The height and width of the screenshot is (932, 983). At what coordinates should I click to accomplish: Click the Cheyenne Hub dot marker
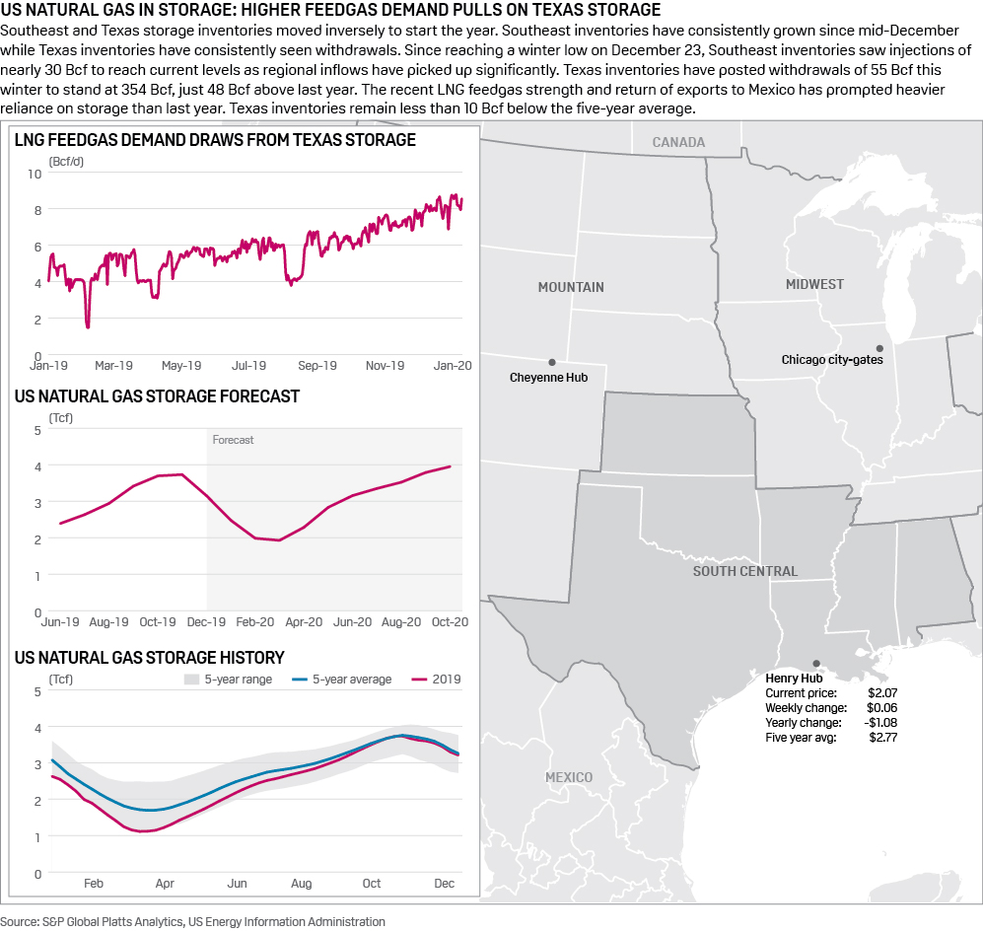coord(552,362)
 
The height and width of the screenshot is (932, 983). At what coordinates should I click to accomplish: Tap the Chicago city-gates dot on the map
coord(879,347)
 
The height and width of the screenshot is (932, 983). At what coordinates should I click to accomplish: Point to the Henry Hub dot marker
coord(815,664)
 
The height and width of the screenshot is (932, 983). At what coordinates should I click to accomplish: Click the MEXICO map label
coord(569,777)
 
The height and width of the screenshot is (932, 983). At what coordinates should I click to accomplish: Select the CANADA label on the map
coord(678,142)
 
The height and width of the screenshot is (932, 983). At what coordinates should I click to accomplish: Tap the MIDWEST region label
coord(814,284)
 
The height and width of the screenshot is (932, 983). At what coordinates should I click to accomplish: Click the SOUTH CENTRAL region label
coord(744,571)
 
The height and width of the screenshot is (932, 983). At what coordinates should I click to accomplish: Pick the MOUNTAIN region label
coord(571,287)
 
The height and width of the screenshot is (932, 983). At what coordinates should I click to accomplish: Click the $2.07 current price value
coord(881,693)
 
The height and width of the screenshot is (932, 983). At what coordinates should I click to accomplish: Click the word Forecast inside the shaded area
coord(233,440)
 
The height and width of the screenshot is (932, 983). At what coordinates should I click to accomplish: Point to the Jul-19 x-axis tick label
coord(248,366)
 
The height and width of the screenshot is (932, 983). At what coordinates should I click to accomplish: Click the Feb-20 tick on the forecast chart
coord(255,623)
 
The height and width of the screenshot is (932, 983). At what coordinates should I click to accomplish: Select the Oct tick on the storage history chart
coord(372,884)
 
